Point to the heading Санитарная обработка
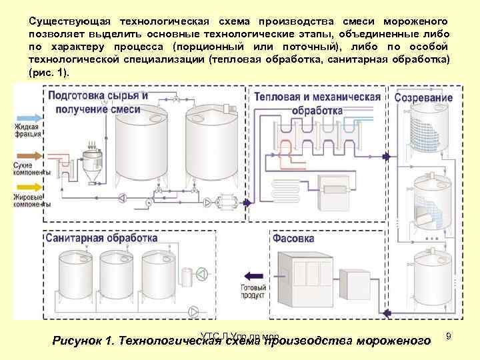103,238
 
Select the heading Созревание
423,97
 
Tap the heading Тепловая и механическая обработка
317,103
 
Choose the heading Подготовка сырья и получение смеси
98,102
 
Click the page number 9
449,336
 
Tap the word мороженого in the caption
393,341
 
